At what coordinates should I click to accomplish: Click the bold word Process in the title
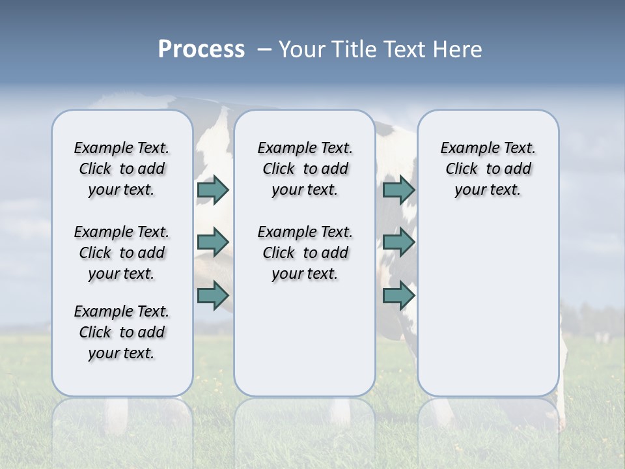tap(201, 50)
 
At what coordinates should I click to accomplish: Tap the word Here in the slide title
tap(457, 50)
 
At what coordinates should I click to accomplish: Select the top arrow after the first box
tap(213, 190)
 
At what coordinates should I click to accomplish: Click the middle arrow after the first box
tap(213, 242)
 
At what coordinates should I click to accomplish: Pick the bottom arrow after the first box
tap(213, 296)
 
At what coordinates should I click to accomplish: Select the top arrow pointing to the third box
tap(398, 190)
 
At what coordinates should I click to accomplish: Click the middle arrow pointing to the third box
tap(398, 242)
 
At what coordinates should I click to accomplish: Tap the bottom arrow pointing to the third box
tap(398, 296)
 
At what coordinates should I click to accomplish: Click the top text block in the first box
tap(122, 169)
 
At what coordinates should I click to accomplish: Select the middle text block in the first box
tap(122, 253)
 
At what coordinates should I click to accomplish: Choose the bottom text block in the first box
tap(122, 332)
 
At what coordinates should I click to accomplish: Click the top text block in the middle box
tap(305, 169)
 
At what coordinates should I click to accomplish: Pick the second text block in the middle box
tap(305, 253)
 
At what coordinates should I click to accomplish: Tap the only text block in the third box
tap(488, 169)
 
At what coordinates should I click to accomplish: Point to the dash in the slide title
tap(264, 50)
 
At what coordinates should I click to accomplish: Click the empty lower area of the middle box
tap(305, 339)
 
